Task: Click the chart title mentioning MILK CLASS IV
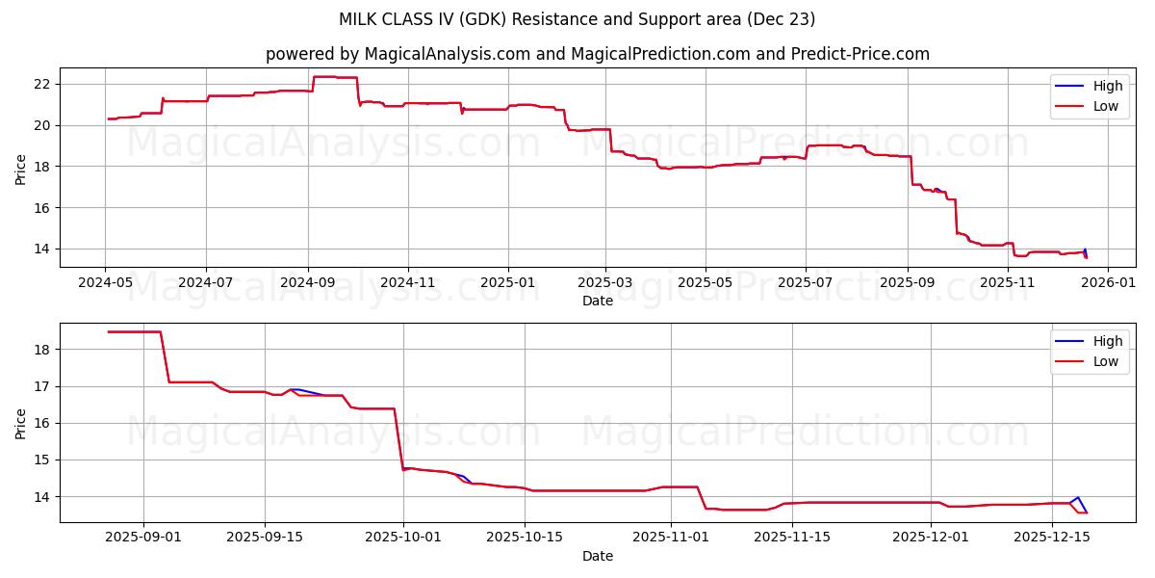577,19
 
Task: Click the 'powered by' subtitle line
597,54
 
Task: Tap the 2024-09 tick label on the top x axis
308,282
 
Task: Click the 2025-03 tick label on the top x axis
605,282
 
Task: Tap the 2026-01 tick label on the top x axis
1108,282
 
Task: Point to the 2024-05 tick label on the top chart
106,282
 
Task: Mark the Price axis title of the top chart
21,168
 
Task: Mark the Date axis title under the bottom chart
597,556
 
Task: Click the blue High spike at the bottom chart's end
1077,498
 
